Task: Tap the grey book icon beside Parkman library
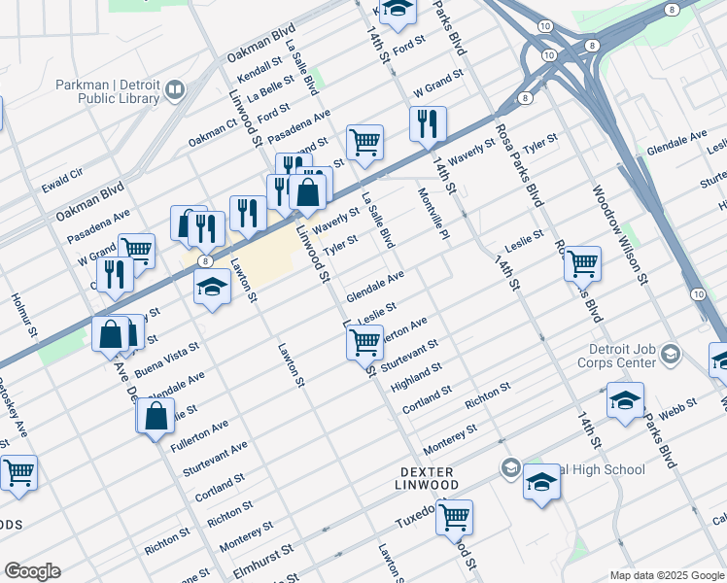click(176, 91)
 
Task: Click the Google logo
click(32, 570)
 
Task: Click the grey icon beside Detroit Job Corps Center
click(670, 356)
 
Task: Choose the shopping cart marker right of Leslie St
click(582, 261)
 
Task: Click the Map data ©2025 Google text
click(667, 575)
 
